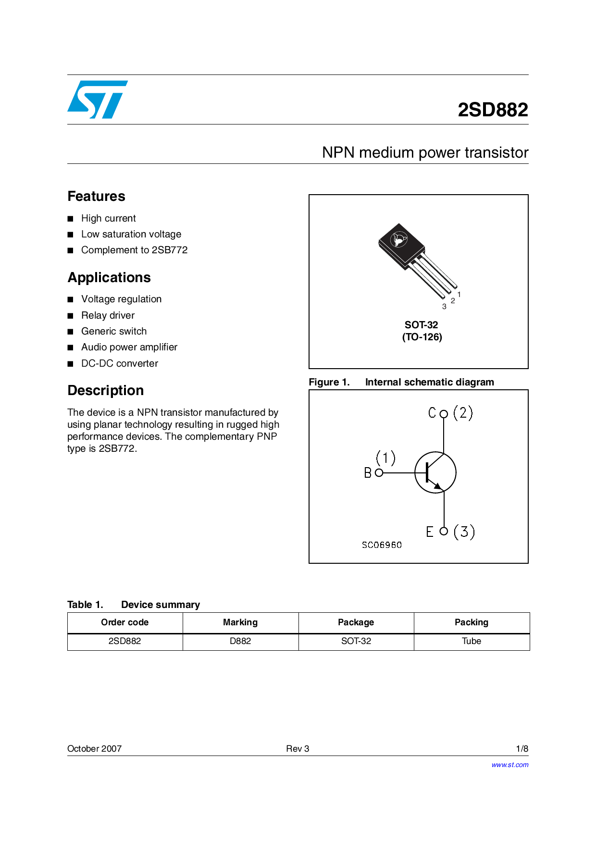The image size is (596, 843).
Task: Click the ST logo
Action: click(x=98, y=99)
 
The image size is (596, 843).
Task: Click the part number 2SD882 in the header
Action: click(x=493, y=110)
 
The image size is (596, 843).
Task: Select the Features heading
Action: click(x=96, y=196)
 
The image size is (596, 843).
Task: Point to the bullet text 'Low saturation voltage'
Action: click(x=131, y=234)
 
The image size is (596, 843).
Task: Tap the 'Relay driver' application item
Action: click(x=108, y=315)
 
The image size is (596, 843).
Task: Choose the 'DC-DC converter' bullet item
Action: click(x=120, y=363)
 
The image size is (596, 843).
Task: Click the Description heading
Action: click(x=106, y=390)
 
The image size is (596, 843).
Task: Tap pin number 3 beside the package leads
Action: click(x=444, y=307)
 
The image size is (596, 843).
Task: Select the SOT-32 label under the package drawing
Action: click(x=422, y=325)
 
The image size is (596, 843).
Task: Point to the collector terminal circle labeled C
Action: click(x=444, y=414)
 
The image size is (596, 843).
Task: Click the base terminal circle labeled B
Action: click(x=379, y=473)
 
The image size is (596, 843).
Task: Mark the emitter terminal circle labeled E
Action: click(x=444, y=531)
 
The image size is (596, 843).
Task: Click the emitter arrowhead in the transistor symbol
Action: click(x=437, y=486)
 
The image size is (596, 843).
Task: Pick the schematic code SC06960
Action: click(x=382, y=545)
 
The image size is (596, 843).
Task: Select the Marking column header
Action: click(x=240, y=622)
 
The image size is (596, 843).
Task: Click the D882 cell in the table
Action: click(x=240, y=641)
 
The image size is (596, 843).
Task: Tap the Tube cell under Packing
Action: click(x=472, y=641)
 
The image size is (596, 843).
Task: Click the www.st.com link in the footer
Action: click(x=509, y=765)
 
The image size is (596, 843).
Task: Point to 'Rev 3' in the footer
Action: click(x=298, y=748)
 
